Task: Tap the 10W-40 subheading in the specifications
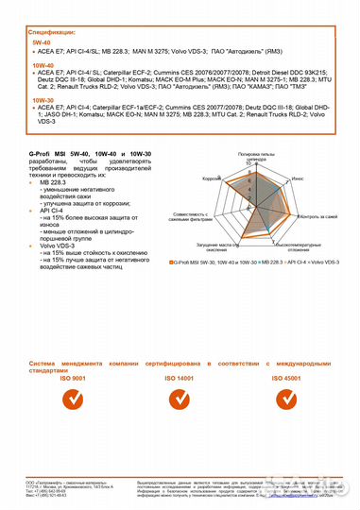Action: [43, 65]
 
